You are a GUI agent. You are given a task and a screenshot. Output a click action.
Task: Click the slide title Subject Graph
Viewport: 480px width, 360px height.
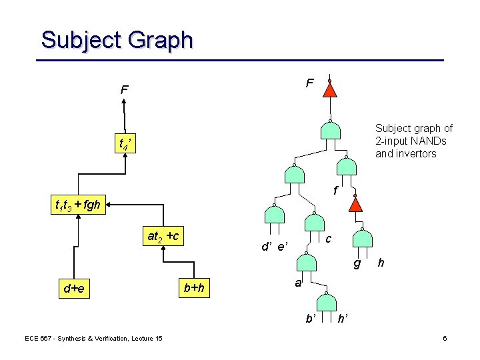point(117,40)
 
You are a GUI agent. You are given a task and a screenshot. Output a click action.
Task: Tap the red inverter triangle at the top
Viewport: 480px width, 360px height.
point(330,89)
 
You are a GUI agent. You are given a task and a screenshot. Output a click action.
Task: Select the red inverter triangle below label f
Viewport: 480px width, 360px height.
point(357,203)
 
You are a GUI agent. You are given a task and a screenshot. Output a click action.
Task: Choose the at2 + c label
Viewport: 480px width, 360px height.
point(163,236)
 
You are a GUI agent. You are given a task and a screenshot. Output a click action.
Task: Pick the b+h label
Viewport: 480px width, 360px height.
point(194,288)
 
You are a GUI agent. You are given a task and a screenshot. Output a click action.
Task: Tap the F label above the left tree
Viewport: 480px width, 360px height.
point(124,89)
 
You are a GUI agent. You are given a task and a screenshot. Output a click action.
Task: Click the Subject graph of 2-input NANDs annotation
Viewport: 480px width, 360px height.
point(414,141)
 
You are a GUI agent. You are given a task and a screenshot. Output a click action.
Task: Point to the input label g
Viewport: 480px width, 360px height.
point(357,263)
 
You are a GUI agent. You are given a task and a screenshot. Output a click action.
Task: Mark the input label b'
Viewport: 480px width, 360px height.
point(311,319)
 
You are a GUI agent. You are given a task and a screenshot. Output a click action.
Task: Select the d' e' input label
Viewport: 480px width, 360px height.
point(274,248)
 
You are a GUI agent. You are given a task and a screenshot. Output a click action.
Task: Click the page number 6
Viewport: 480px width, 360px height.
point(445,339)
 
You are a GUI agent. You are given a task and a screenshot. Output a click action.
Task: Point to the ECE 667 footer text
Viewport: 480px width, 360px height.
point(93,339)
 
